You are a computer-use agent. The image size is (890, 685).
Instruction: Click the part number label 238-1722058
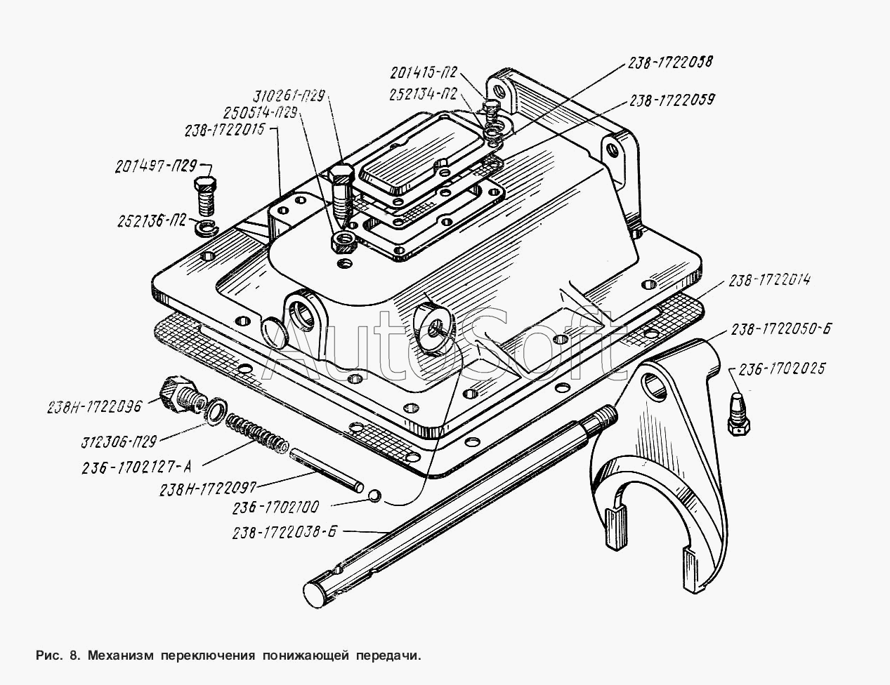click(x=670, y=62)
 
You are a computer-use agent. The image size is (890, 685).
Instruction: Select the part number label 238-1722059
click(x=672, y=100)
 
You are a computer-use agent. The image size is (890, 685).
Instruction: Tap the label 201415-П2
click(x=424, y=73)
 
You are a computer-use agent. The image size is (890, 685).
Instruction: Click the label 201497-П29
click(x=156, y=167)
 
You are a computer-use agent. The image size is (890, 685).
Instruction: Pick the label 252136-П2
click(x=152, y=221)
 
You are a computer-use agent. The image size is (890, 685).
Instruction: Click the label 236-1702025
click(x=781, y=368)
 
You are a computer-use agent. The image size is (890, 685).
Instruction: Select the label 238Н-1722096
click(x=94, y=407)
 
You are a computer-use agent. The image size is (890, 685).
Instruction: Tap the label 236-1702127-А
click(x=136, y=467)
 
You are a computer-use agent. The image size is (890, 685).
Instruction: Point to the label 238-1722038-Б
click(x=284, y=533)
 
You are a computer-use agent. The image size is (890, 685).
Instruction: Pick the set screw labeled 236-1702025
click(x=739, y=413)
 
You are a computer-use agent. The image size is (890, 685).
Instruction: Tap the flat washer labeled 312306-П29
click(x=216, y=410)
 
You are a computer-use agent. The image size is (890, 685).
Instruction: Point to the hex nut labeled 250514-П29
click(x=343, y=241)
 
